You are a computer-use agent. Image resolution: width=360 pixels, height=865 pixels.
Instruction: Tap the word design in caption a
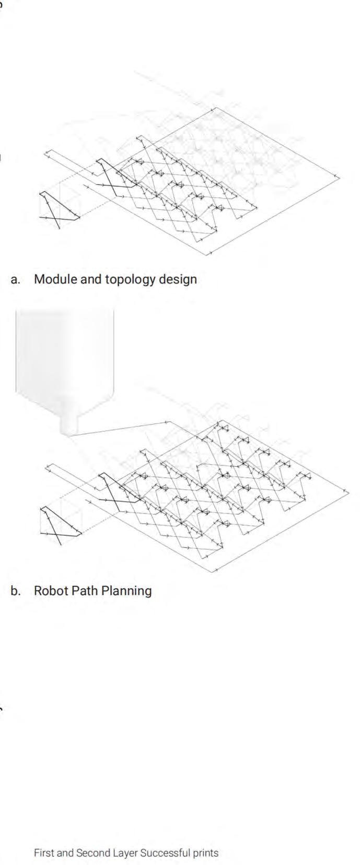178,280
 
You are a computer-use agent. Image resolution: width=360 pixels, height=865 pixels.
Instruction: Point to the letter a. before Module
16,280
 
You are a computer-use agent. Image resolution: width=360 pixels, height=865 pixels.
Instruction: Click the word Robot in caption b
51,591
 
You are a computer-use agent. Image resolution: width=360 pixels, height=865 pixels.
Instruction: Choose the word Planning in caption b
126,591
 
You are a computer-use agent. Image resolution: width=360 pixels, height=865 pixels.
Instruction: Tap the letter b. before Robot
16,591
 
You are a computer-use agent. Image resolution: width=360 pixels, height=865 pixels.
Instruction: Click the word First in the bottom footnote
43,853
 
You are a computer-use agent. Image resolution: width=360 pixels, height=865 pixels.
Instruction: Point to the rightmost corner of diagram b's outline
347,492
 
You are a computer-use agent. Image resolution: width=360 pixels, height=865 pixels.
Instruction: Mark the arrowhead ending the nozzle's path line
168,421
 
